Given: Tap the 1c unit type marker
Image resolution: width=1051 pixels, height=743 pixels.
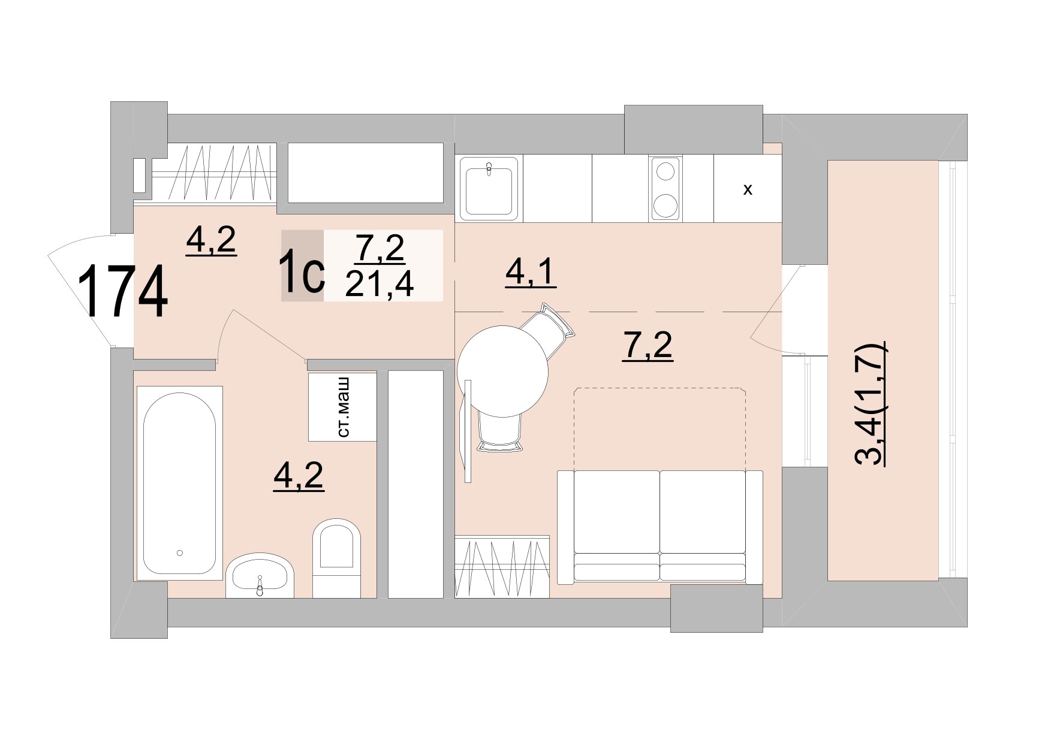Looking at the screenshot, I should (x=303, y=274).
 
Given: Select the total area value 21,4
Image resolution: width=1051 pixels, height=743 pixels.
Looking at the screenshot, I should (x=380, y=284).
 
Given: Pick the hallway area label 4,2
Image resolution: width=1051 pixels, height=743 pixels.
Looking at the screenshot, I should (x=212, y=241).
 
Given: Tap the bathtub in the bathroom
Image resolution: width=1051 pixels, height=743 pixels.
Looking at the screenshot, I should (x=179, y=483).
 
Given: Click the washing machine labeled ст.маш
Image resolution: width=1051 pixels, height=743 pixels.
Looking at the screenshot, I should (x=342, y=407).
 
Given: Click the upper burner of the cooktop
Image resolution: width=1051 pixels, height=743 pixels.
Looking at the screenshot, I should (x=665, y=171).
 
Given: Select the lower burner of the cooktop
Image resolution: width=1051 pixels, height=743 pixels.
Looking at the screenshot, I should (x=665, y=206).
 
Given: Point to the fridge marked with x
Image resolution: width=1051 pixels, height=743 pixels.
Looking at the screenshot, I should (x=748, y=190).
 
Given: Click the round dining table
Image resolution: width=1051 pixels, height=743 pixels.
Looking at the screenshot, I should (x=502, y=371).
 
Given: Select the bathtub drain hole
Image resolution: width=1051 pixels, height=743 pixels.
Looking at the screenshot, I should (x=179, y=553).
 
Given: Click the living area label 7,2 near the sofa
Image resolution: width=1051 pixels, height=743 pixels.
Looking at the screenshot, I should (x=648, y=347).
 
